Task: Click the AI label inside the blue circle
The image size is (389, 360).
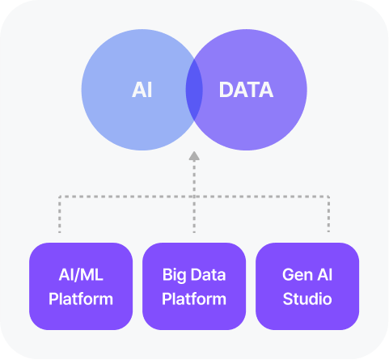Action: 142,90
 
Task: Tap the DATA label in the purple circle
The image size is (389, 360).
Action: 246,90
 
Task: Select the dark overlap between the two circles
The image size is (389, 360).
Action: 194,90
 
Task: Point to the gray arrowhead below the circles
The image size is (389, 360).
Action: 194,156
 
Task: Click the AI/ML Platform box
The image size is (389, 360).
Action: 81,286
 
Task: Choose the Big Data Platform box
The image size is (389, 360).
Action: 194,286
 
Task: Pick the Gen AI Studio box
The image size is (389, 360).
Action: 307,286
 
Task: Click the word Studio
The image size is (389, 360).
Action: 307,299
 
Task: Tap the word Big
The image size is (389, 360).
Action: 174,276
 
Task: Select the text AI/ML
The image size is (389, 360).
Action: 81,275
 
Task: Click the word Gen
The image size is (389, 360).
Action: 298,275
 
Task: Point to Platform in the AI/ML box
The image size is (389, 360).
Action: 81,299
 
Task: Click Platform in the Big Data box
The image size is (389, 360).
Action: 194,299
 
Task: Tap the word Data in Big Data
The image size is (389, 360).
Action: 208,275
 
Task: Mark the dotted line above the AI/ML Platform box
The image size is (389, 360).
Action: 60,214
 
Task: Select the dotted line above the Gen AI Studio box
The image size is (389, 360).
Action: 328,214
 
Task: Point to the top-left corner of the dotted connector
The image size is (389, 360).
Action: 60,197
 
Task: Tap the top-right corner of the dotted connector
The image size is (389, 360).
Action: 328,197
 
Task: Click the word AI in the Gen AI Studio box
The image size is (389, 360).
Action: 324,275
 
